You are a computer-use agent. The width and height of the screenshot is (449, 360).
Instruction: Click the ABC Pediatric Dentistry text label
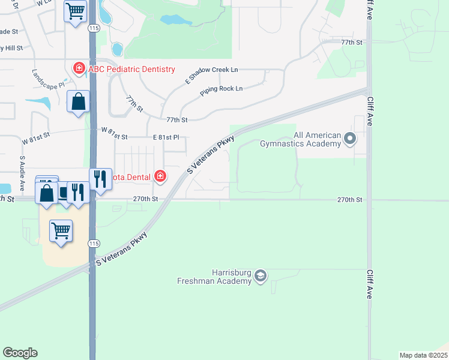click(x=131, y=69)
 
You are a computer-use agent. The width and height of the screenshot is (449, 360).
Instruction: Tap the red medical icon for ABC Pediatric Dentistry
click(x=79, y=69)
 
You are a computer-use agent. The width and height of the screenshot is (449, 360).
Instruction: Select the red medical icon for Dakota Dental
click(x=160, y=176)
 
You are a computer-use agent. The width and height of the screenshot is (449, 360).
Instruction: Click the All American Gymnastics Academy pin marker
click(x=350, y=140)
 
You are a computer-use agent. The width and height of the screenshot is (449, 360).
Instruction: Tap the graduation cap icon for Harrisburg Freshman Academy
click(x=260, y=276)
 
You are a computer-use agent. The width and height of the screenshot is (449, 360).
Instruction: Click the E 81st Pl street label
click(x=166, y=137)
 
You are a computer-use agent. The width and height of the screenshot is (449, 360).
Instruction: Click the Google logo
click(x=20, y=353)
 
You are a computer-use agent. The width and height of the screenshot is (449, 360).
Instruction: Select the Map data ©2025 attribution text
click(x=423, y=355)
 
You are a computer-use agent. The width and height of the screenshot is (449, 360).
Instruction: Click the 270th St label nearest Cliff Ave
click(x=349, y=199)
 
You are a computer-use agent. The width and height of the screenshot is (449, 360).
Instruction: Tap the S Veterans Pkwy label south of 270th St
click(x=122, y=248)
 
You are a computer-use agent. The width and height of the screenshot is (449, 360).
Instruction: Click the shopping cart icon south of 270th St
click(x=61, y=230)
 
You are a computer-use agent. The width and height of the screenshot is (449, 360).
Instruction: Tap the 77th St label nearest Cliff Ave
click(x=352, y=43)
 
